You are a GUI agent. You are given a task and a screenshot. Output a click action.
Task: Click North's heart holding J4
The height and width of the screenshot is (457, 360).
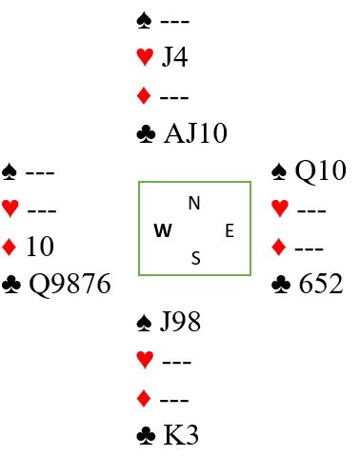pyautogui.click(x=174, y=57)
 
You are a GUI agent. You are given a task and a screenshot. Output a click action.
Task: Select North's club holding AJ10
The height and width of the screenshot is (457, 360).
pyautogui.click(x=195, y=133)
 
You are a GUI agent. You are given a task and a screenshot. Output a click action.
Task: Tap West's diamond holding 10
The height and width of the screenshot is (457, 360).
pyautogui.click(x=40, y=247)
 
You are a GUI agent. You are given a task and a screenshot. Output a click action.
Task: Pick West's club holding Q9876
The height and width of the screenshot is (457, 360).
pyautogui.click(x=70, y=284)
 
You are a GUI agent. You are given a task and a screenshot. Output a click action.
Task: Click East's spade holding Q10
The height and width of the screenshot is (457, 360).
pyautogui.click(x=320, y=170)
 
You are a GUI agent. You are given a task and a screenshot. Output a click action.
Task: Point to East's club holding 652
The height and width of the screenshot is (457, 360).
pyautogui.click(x=321, y=284)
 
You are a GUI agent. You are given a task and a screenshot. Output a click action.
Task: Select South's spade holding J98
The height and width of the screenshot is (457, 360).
pyautogui.click(x=180, y=322)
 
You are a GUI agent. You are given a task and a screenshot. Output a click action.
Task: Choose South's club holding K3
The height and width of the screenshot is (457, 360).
pyautogui.click(x=181, y=435)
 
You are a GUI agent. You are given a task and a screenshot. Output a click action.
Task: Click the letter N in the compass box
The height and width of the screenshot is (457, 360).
pyautogui.click(x=194, y=203)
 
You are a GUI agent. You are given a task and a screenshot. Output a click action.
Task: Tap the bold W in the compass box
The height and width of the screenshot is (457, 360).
pyautogui.click(x=163, y=230)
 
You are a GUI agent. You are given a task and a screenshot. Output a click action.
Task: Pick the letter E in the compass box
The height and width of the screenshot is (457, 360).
pyautogui.click(x=230, y=230)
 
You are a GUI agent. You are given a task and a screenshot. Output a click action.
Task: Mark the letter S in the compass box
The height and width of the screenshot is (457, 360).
pyautogui.click(x=196, y=258)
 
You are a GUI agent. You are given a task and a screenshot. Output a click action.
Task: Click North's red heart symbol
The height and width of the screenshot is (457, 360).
pyautogui.click(x=145, y=57)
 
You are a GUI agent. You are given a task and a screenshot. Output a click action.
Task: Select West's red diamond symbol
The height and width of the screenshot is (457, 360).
pyautogui.click(x=9, y=248)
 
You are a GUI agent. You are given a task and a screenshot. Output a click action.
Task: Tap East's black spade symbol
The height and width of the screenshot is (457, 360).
pyautogui.click(x=279, y=171)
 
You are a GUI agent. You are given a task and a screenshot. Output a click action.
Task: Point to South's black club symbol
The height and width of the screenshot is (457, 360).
pyautogui.click(x=146, y=435)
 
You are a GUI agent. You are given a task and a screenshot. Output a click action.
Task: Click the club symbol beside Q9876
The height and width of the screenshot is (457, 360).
pyautogui.click(x=11, y=284)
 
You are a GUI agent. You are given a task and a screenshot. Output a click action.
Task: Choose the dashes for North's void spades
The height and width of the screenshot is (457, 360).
pyautogui.click(x=175, y=22)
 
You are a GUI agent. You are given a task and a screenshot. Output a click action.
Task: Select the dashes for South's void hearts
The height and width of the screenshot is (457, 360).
pyautogui.click(x=177, y=362)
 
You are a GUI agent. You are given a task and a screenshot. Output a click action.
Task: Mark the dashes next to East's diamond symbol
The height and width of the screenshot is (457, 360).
pyautogui.click(x=310, y=248)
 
